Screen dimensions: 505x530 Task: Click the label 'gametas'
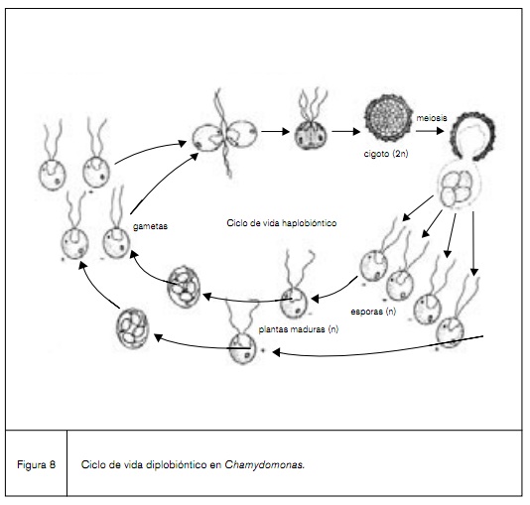(x=149, y=226)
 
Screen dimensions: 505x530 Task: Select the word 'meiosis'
(x=458, y=116)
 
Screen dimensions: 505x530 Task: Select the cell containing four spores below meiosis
(x=458, y=186)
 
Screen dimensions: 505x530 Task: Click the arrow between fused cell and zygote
(x=344, y=130)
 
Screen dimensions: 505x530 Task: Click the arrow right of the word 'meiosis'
(x=435, y=129)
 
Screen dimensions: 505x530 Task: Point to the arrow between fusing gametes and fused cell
(x=274, y=131)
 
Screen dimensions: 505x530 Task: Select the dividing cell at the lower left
(x=132, y=327)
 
